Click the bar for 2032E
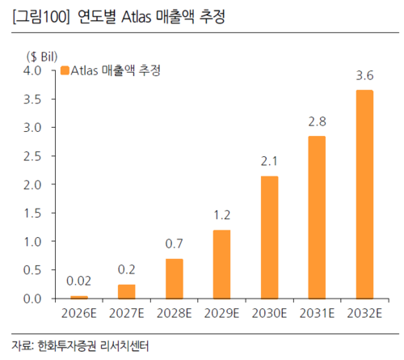[364, 194]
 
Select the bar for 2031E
[318, 217]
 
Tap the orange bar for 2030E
[270, 237]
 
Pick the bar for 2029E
[221, 264]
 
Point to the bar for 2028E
[174, 278]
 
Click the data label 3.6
[364, 77]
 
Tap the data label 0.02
[79, 282]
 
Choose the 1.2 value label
[221, 217]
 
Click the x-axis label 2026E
[79, 312]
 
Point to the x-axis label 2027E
[127, 312]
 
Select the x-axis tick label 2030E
[270, 312]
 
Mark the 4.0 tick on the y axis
[40, 71]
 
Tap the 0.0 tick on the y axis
[40, 299]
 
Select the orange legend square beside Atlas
[65, 71]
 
